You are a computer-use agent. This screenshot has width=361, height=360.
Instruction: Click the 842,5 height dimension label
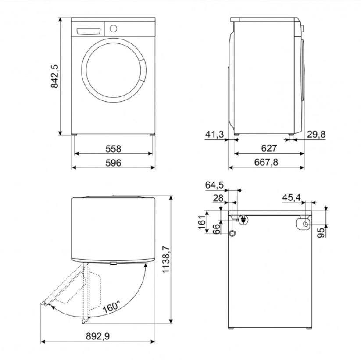pos(55,76)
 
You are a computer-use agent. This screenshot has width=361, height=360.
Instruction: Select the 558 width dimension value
pos(113,149)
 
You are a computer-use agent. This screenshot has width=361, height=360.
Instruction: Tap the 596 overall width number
pos(113,163)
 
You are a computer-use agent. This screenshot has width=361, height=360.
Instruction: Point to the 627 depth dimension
pos(269,148)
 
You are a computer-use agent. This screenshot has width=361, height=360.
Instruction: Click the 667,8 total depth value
pos(266,162)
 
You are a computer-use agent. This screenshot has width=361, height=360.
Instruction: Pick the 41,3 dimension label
pos(214,135)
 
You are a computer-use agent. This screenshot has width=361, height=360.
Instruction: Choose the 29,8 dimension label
pos(316,135)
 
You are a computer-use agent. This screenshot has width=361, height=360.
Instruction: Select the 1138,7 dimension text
pos(166,260)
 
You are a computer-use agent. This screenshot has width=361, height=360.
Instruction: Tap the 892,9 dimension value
pos(98,336)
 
